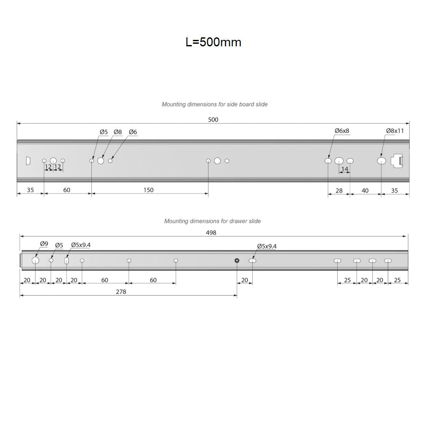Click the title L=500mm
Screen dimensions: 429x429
click(x=213, y=42)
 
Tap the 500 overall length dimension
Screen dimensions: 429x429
click(x=213, y=120)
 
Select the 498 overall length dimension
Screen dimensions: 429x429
click(x=211, y=233)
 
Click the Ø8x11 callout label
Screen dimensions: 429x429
click(x=395, y=131)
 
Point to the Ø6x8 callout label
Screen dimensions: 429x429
click(x=342, y=131)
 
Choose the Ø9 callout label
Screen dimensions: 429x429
click(x=44, y=244)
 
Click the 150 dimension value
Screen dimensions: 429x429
click(x=148, y=190)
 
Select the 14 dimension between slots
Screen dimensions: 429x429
click(x=344, y=169)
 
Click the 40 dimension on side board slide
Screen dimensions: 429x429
click(x=365, y=190)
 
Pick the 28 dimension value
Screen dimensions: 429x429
click(x=339, y=190)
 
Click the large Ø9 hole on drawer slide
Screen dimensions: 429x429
click(x=35, y=261)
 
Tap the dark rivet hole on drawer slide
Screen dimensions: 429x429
click(x=237, y=260)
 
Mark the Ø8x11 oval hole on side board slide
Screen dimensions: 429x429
click(x=381, y=160)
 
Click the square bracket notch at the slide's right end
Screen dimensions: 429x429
click(x=398, y=160)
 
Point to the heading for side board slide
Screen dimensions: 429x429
click(x=214, y=104)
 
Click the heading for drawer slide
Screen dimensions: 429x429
click(x=212, y=221)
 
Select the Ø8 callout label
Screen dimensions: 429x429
click(x=118, y=132)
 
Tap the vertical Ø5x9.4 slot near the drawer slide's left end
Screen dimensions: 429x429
click(x=66, y=260)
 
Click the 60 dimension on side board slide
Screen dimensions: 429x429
click(x=67, y=190)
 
